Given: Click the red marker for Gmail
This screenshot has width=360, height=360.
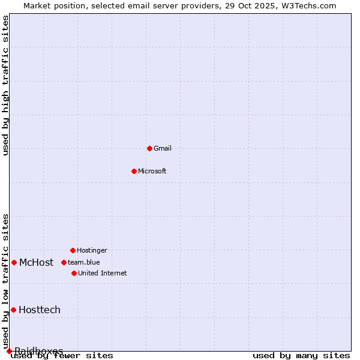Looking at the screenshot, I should coord(149,148).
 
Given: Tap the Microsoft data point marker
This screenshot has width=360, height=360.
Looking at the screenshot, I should coord(134,171).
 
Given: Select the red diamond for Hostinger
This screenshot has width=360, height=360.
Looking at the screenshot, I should coord(73,250).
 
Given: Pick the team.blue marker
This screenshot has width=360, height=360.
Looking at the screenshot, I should coord(64,262).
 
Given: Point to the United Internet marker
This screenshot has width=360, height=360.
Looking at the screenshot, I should coord(74,273).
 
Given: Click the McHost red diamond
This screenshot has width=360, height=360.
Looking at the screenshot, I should coord(14,262).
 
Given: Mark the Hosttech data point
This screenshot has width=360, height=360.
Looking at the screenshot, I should coord(13,310).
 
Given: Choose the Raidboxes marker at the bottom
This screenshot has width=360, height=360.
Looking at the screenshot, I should coord(9,351).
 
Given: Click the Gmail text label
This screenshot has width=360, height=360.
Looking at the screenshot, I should coord(163,148).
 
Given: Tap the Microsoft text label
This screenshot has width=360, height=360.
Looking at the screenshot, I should coord(152,171).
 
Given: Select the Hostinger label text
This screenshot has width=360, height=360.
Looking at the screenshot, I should coord(92,250).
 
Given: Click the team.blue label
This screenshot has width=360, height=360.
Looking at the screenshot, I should coord(84,262).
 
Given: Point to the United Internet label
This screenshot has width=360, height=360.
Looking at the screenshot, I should coord(103,273).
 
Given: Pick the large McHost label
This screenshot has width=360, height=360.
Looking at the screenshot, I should coord(36,262).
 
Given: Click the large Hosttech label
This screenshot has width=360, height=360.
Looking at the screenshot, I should coord(40,310).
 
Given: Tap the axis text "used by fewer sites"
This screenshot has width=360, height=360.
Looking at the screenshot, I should coord(62,356).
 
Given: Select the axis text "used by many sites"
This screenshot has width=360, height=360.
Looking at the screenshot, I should coord(301,356).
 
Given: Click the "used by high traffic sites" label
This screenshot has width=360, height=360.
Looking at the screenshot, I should coord(6,85).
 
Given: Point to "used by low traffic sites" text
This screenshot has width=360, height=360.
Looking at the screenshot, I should coord(6,281).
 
